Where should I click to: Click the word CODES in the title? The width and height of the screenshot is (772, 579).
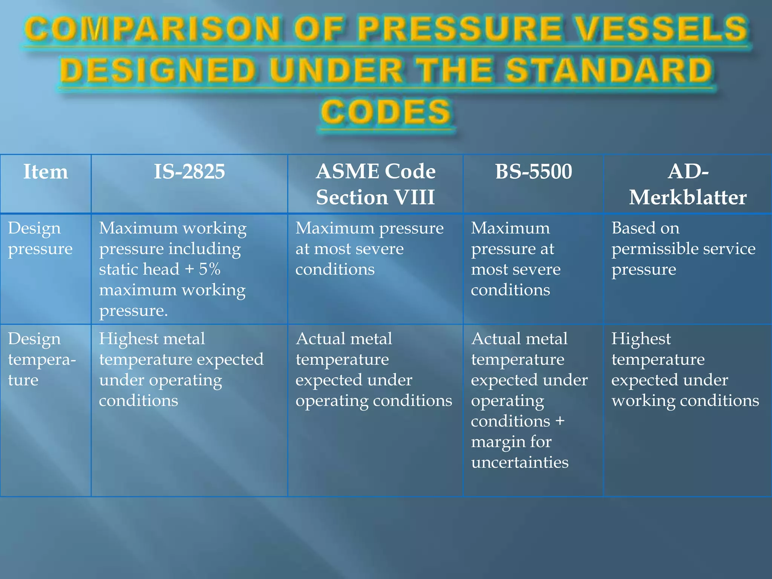click(x=386, y=112)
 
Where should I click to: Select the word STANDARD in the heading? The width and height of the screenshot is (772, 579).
click(x=608, y=70)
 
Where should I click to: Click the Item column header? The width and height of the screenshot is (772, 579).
click(x=46, y=172)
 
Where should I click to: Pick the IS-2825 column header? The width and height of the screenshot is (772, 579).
click(x=189, y=172)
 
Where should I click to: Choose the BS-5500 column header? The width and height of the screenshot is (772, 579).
click(x=533, y=172)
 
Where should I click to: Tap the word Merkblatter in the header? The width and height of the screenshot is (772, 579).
click(x=688, y=198)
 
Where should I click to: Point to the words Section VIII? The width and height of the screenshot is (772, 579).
click(x=375, y=198)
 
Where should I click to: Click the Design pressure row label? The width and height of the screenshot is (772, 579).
click(x=40, y=238)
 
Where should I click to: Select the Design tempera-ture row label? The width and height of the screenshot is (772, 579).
click(x=41, y=359)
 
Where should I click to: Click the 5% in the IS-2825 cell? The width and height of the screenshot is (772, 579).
click(x=210, y=269)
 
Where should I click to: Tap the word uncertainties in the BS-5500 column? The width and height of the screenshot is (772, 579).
click(x=519, y=462)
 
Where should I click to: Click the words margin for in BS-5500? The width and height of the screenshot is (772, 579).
click(x=511, y=442)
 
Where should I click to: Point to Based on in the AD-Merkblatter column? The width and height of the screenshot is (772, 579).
click(x=645, y=228)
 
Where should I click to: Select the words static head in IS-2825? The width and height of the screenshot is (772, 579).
click(x=139, y=269)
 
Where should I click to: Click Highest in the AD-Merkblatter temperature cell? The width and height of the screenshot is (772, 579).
click(x=641, y=339)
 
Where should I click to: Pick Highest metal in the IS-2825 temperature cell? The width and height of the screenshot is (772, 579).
click(x=152, y=339)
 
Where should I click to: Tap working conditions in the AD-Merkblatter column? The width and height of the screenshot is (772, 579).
click(x=685, y=401)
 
